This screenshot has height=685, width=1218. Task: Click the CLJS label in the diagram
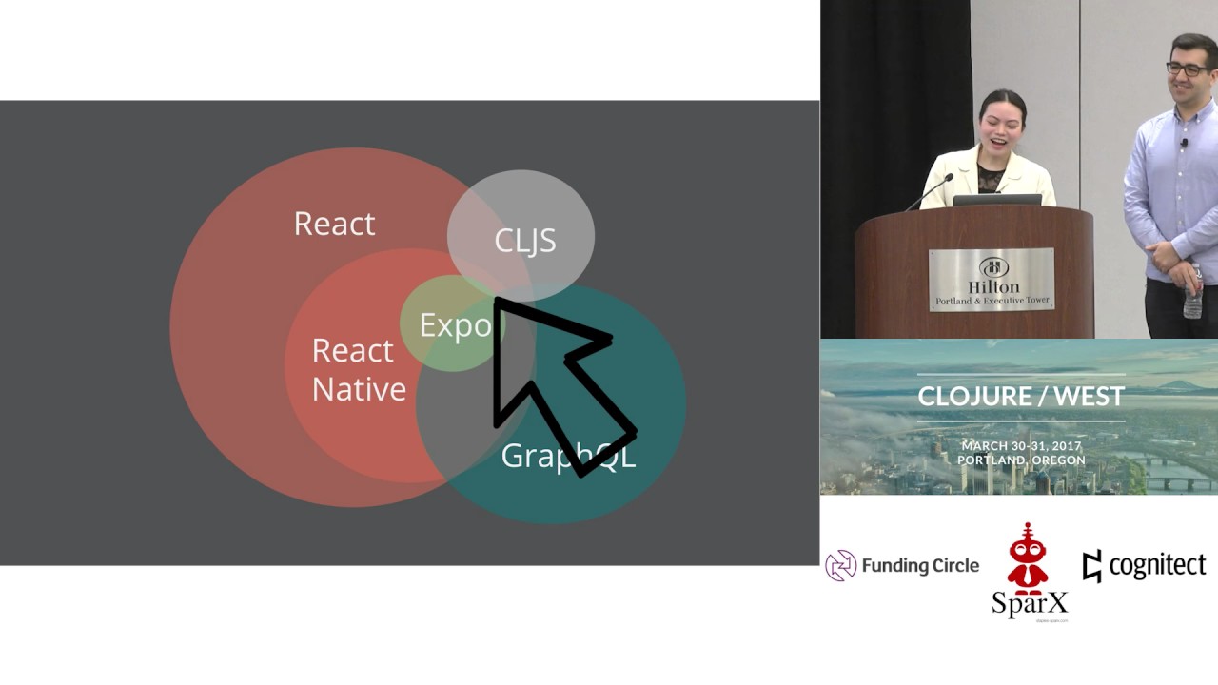[524, 241]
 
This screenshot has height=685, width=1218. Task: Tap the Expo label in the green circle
[455, 325]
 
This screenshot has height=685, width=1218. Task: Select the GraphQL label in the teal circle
[567, 456]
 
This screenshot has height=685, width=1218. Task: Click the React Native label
[358, 370]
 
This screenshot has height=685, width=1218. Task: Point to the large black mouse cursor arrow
[552, 381]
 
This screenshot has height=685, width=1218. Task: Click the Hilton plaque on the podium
[991, 280]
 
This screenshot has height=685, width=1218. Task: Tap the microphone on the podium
[930, 191]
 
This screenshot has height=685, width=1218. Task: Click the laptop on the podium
[996, 200]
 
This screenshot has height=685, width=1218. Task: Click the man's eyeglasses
[1189, 69]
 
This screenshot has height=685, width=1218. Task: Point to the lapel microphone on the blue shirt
[1185, 143]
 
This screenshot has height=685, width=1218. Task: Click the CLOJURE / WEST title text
[1020, 396]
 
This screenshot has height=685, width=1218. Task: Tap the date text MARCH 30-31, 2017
[1021, 445]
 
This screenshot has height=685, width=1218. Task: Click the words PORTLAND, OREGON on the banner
[1021, 460]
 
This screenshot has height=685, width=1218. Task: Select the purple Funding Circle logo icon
[840, 565]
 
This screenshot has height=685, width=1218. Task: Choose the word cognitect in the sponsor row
[1156, 565]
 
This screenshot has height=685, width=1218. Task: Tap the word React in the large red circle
[334, 224]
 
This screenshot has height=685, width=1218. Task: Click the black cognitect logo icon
[1091, 565]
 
